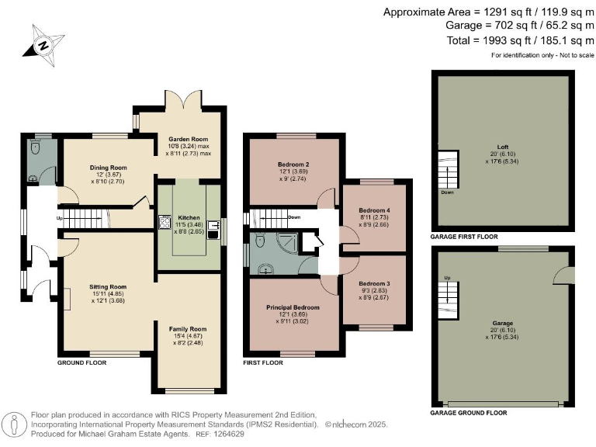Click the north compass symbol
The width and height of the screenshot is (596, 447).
(x=43, y=46)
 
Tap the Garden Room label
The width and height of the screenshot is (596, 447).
(x=188, y=139)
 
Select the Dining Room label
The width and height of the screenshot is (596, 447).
(x=109, y=168)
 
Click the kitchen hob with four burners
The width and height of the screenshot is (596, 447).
(x=165, y=222)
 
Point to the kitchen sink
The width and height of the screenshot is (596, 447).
(x=213, y=230)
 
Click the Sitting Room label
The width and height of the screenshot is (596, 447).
(x=108, y=287)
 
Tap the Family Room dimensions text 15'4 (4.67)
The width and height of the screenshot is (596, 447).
(x=188, y=336)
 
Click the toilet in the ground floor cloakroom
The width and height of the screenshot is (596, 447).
(x=36, y=147)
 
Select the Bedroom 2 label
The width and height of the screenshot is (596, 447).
(x=293, y=165)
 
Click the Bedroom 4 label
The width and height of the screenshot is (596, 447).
(x=374, y=210)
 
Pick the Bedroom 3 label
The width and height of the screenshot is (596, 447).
(x=374, y=283)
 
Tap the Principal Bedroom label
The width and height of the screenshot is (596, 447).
(x=293, y=307)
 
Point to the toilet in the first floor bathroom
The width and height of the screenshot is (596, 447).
(x=261, y=240)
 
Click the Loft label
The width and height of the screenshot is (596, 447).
(x=503, y=147)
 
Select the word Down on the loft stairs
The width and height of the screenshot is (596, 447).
(x=447, y=192)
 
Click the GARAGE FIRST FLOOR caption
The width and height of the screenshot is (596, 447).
(x=464, y=237)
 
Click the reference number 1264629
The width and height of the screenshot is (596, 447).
(x=228, y=434)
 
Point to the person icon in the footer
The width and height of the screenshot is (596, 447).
(x=15, y=425)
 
